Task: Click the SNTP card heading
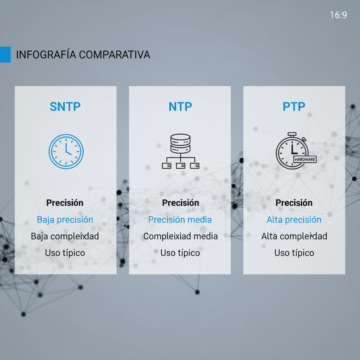click(x=65, y=106)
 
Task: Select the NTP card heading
click(x=180, y=107)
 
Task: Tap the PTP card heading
click(x=294, y=106)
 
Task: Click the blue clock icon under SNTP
click(x=66, y=152)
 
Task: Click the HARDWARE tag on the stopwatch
click(x=305, y=159)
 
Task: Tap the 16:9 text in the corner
click(x=338, y=15)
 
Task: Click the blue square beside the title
click(x=5, y=54)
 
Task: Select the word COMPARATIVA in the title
click(x=114, y=55)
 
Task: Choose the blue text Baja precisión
click(x=65, y=220)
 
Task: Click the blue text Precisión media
click(x=180, y=220)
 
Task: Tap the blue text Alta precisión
click(x=294, y=220)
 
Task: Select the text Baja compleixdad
click(x=65, y=236)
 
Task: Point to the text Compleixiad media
click(x=180, y=236)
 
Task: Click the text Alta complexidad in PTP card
click(x=294, y=236)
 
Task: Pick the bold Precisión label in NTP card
click(x=180, y=203)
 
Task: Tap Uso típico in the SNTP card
click(x=65, y=253)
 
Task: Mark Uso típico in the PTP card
click(x=294, y=253)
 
